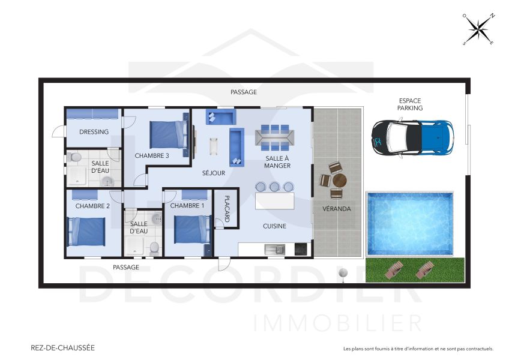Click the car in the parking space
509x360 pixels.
412,136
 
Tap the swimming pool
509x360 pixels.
410,215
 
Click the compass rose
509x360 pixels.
478,29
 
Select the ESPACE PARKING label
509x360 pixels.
410,104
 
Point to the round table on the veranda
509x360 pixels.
339,179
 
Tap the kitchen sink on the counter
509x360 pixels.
277,248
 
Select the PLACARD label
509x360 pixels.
227,208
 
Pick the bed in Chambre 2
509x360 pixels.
87,231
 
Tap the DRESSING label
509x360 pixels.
94,132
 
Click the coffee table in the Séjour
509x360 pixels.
214,147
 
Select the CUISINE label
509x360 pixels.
274,226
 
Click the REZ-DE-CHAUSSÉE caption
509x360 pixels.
62,347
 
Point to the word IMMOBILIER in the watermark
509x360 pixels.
339,323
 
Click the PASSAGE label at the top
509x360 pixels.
244,92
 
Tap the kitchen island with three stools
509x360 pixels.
275,200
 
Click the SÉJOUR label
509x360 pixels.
214,173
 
